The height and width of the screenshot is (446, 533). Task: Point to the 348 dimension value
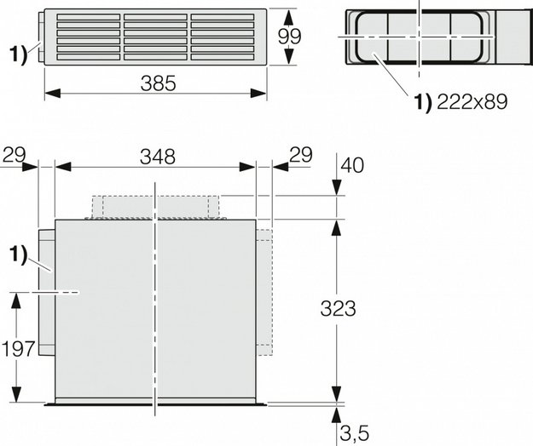click(x=158, y=157)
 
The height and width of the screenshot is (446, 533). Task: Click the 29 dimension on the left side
click(x=14, y=157)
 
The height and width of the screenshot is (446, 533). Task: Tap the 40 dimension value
click(x=351, y=165)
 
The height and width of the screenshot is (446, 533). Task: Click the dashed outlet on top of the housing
click(x=154, y=207)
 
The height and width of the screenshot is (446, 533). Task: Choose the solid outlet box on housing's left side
click(x=46, y=290)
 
